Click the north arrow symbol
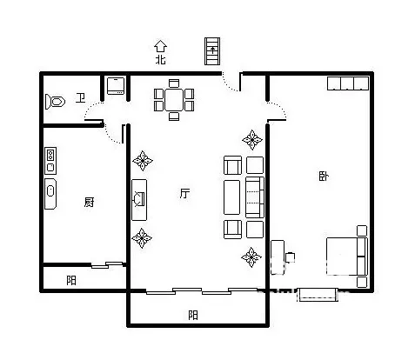pos(160,46)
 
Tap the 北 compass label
pos(161,60)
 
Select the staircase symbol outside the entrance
pos(212,51)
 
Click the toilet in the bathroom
pos(55,102)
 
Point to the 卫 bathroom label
pos(80,97)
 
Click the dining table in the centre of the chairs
pos(174,100)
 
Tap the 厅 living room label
pos(184,193)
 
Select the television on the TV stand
pos(138,199)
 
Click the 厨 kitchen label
pos(89,202)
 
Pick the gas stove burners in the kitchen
pos(50,153)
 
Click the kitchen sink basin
pos(50,191)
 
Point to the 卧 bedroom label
pos(324,176)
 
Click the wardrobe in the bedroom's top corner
pos(348,83)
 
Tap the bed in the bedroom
pos(347,257)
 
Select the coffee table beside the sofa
pos(232,197)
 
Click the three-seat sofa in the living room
pos(255,197)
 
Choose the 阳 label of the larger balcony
pos(193,315)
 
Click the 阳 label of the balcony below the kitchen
pos(71,280)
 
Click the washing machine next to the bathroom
pos(116,85)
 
